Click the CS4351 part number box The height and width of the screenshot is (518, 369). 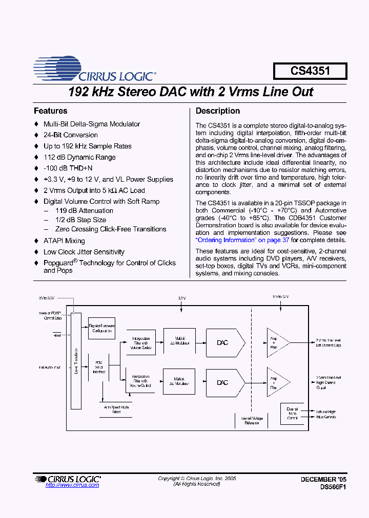click(x=310, y=71)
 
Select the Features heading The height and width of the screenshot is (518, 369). click(x=50, y=111)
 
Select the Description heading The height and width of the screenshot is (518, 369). click(x=218, y=111)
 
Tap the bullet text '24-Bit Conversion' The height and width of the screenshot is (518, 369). click(x=70, y=135)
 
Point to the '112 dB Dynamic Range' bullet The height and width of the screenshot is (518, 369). click(x=79, y=157)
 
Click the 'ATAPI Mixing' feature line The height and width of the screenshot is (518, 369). click(x=64, y=241)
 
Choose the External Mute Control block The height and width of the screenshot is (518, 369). click(x=292, y=414)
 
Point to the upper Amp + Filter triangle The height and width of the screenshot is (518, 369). click(x=276, y=343)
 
